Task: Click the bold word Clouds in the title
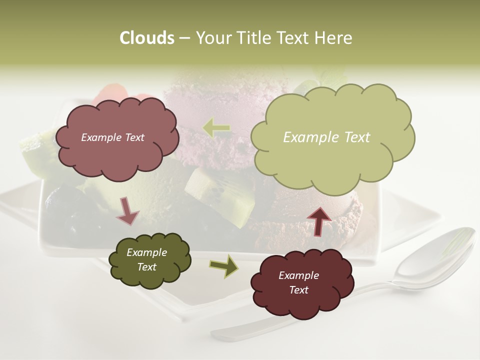click(x=146, y=38)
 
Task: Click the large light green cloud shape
click(x=332, y=137)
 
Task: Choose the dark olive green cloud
click(x=149, y=259)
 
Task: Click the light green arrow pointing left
click(x=217, y=128)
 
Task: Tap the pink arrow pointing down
click(x=127, y=211)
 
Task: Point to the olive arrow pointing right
click(x=224, y=266)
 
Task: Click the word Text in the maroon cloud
click(x=298, y=290)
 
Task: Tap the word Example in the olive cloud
click(x=146, y=252)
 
